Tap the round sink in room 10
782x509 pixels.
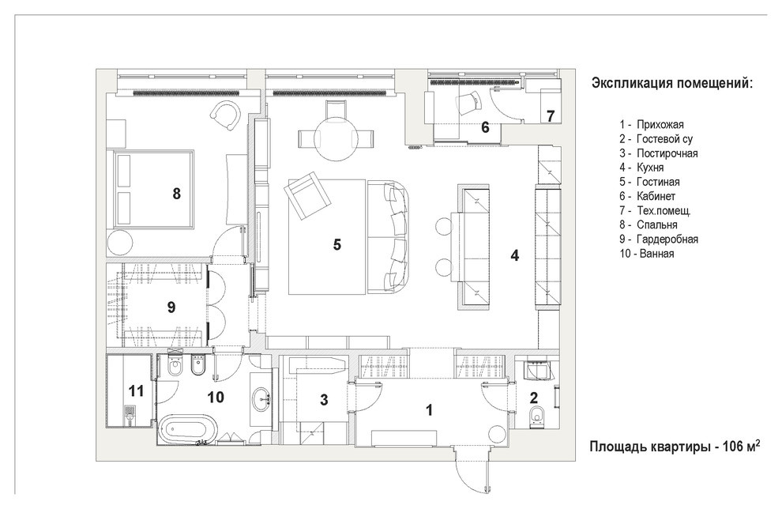point(261,399)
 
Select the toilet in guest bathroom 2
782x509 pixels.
point(537,415)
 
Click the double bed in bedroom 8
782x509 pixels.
point(153,189)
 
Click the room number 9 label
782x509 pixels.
point(171,307)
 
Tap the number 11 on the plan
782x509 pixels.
point(136,390)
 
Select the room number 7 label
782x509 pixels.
point(550,116)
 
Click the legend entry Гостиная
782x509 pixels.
point(658,182)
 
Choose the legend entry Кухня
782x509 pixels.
point(650,168)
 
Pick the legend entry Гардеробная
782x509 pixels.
point(667,239)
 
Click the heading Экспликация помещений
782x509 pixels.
point(671,83)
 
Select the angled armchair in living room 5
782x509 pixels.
point(308,195)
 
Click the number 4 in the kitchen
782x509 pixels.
point(515,255)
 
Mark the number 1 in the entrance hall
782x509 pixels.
point(429,410)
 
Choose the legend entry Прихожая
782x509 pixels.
point(660,125)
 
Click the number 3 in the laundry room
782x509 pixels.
point(324,400)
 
